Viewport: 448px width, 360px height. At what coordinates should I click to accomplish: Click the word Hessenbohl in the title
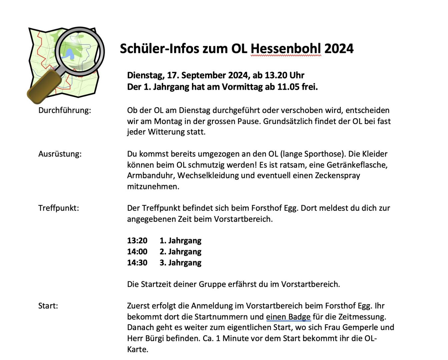tap(286, 49)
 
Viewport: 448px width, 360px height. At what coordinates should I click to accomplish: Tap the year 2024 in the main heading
tap(339, 49)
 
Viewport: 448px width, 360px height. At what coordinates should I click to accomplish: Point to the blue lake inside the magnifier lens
tap(70, 54)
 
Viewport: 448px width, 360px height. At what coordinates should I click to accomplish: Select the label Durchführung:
tap(65, 110)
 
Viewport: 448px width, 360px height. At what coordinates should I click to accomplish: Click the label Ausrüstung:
tap(60, 154)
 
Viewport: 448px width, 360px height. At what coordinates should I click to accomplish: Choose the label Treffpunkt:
tap(59, 208)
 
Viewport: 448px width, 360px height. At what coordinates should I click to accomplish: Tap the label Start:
tap(48, 306)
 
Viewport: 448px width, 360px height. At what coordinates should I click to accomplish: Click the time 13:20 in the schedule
tap(137, 241)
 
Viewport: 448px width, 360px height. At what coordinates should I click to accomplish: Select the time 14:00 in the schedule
tap(137, 252)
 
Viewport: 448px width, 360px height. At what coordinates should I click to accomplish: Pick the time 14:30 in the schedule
tap(137, 263)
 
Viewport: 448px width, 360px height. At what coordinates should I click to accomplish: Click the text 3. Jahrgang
tap(180, 263)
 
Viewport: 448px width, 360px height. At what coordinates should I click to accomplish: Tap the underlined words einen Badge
tap(288, 317)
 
